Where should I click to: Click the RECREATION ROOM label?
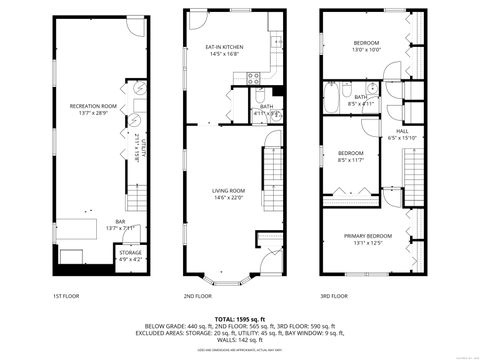[93, 105]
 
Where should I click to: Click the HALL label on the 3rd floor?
[402, 131]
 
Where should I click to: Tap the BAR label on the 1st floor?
[120, 222]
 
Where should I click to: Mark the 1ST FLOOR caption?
[65, 296]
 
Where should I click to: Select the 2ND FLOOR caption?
[198, 296]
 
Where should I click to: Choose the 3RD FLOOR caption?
[335, 296]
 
